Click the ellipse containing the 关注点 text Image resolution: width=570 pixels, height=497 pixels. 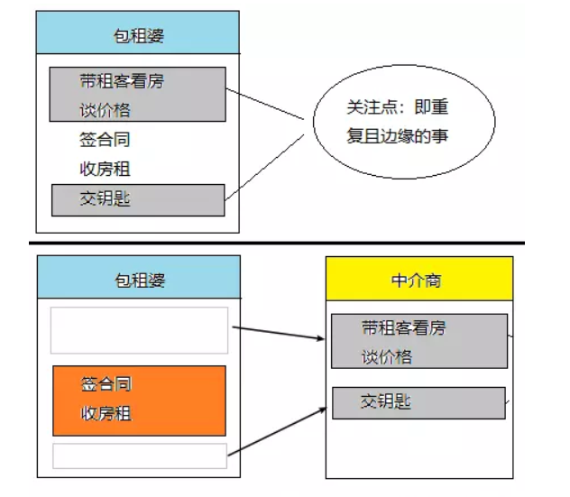point(403,122)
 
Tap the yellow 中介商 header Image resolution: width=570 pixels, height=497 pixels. point(418,280)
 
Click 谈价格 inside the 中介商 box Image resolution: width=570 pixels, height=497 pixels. point(387,356)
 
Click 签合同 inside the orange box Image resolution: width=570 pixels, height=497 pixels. point(106,384)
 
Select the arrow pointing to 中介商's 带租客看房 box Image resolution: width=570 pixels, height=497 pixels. point(280,333)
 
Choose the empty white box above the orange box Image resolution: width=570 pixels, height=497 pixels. point(139,330)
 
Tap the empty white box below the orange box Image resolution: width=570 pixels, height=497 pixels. point(139,455)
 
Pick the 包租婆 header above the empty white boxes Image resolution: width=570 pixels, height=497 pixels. point(139,280)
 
